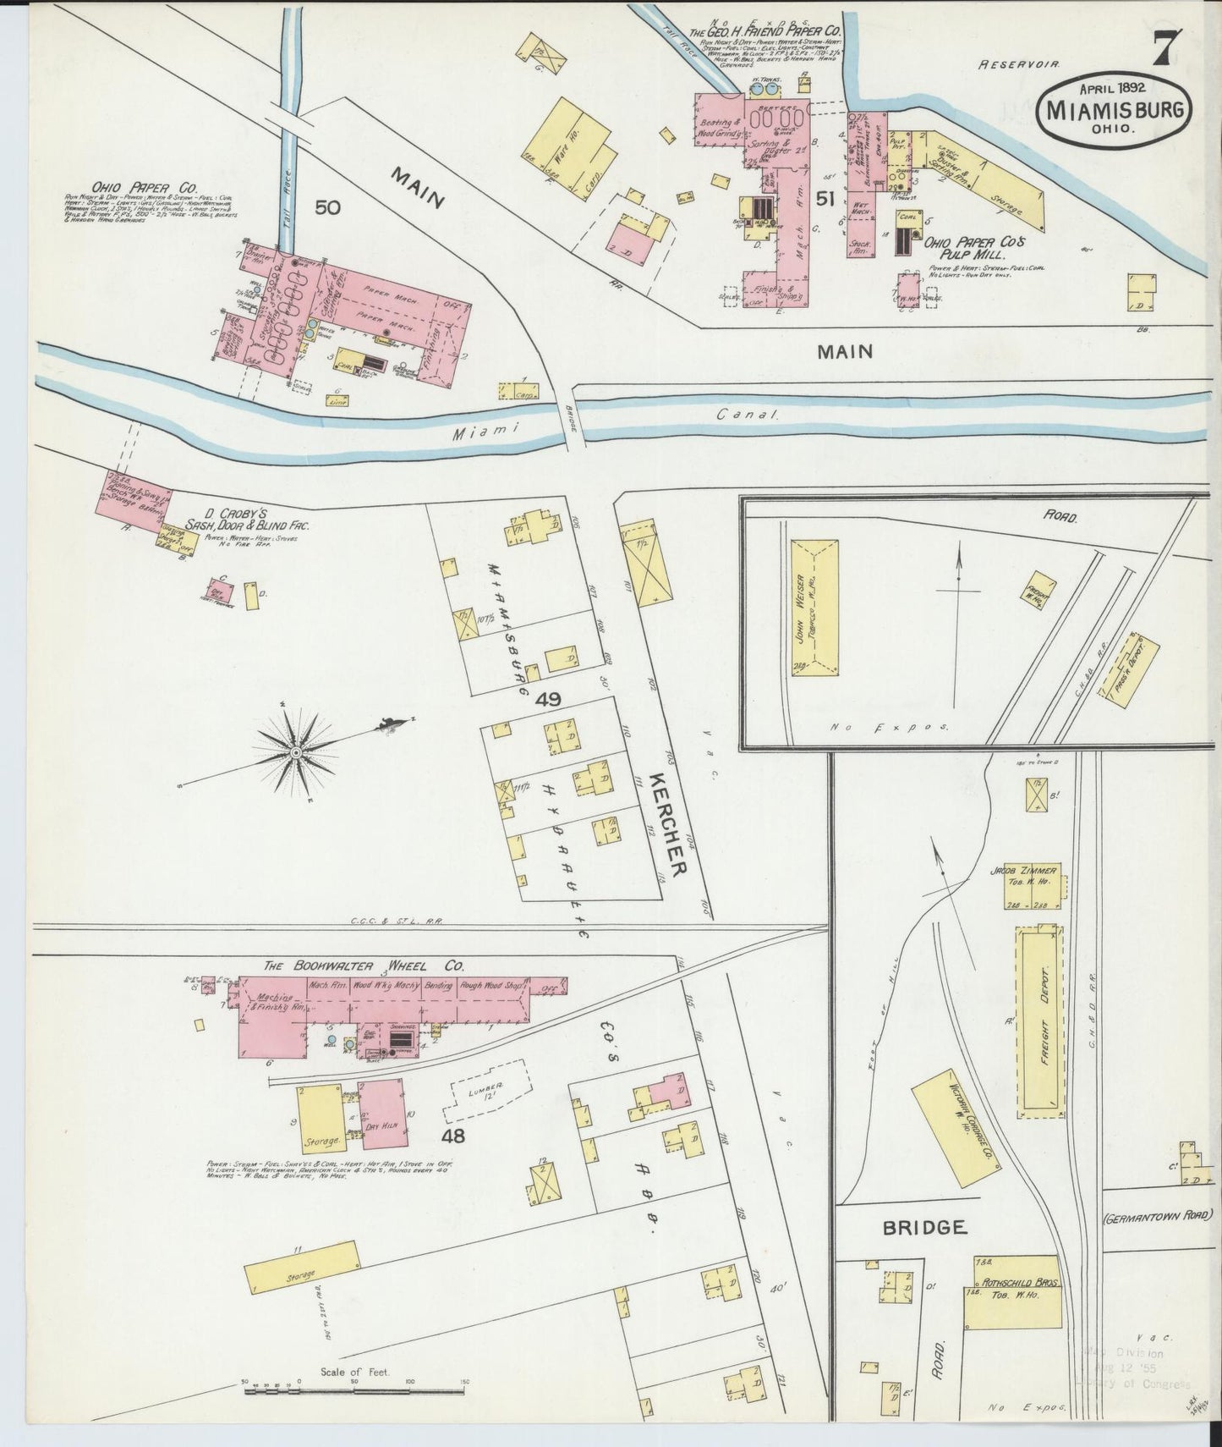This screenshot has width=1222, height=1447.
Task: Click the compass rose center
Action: [297, 751]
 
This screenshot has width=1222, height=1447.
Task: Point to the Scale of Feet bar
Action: [355, 1387]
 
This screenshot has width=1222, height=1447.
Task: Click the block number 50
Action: [328, 206]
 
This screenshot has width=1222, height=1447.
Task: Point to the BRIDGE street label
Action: [923, 1227]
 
